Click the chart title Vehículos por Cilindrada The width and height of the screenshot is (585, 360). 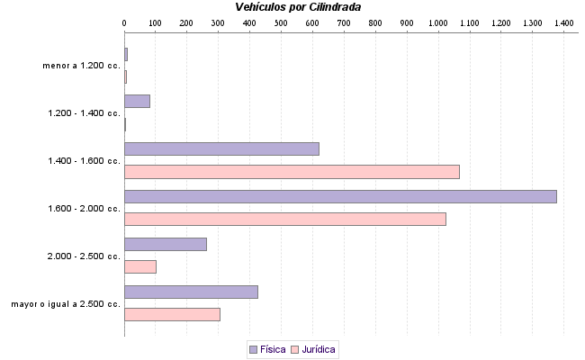pos(299,7)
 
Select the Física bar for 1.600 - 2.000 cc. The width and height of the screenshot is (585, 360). pos(340,196)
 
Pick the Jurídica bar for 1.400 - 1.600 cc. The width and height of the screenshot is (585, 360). pos(292,171)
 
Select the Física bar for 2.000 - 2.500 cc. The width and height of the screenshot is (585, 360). pos(166,244)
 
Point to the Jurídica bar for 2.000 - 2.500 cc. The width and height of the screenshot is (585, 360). pos(140,266)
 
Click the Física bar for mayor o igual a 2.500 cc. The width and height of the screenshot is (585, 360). pos(191,292)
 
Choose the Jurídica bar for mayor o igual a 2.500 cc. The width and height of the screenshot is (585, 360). pos(172,314)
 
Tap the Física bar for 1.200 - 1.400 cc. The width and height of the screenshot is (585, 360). pos(137,101)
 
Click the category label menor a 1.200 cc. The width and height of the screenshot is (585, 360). pos(81,66)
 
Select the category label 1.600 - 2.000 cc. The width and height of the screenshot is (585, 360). pos(84,208)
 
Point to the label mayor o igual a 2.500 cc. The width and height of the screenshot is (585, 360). pos(66,304)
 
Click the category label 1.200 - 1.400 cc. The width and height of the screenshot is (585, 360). pos(84,113)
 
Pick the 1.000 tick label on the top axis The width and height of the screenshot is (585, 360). pos(437,22)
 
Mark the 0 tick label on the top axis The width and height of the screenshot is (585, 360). pos(124,22)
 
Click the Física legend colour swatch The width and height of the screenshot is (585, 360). pos(253,348)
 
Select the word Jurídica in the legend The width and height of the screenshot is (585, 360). pos(319,348)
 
